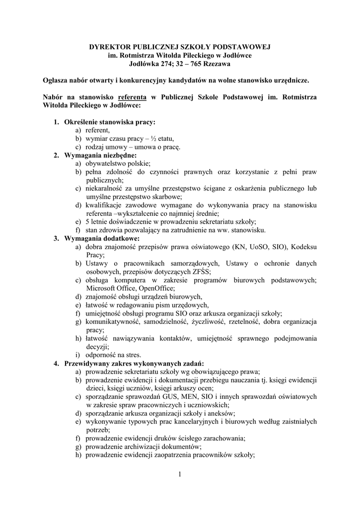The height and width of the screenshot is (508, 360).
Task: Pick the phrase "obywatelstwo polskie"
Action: tap(117, 163)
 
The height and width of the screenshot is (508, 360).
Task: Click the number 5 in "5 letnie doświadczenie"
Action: tap(87, 221)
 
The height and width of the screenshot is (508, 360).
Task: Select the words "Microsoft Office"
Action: tap(109, 288)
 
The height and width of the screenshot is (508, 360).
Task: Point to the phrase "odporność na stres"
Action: tap(113, 355)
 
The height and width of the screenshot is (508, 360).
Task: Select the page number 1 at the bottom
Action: tap(180, 475)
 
